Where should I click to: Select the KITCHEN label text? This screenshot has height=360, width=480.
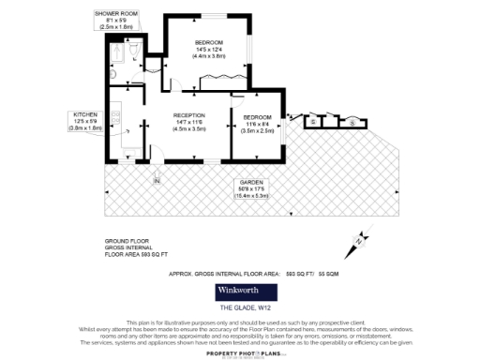coord(85,113)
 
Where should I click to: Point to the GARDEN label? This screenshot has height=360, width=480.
coord(250,182)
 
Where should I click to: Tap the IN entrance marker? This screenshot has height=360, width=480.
coord(157,180)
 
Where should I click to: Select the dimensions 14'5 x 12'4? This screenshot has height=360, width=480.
coord(209,50)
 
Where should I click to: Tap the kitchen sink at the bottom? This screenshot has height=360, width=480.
coord(127,150)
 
